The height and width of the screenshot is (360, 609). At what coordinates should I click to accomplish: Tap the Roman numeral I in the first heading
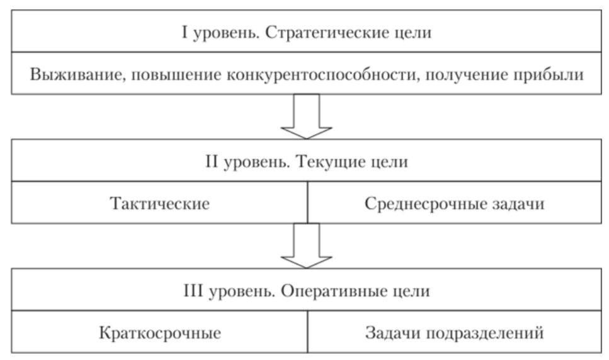coord(185,32)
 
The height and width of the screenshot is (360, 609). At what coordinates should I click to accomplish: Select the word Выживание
coord(78,74)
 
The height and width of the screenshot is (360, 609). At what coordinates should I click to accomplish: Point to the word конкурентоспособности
coord(323,74)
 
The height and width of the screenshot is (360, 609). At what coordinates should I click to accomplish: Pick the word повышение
coord(176,74)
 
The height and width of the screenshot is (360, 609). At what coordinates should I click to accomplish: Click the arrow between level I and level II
coord(307,116)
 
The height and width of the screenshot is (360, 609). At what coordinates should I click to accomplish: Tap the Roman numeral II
coord(212,161)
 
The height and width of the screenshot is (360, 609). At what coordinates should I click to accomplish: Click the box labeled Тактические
coord(159,203)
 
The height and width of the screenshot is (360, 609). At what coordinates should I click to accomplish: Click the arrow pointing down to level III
coord(307,245)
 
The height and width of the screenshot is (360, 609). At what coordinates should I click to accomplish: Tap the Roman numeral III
coord(193,291)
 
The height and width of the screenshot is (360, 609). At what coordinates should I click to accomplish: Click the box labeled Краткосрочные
coord(159,332)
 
